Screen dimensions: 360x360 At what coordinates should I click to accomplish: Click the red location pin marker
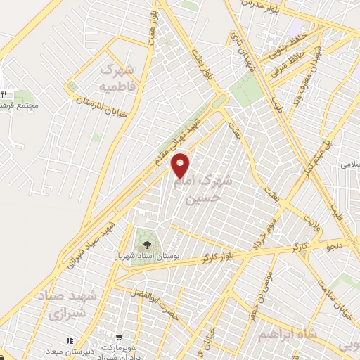[x=181, y=165]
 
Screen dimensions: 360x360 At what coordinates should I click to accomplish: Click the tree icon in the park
[x=146, y=243]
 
